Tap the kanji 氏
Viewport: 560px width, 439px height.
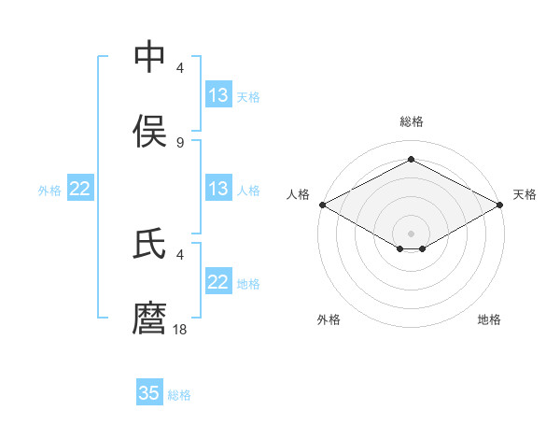[150, 245]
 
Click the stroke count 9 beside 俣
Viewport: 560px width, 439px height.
[180, 143]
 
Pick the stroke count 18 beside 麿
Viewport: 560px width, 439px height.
[180, 330]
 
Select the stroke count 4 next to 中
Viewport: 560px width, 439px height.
[180, 68]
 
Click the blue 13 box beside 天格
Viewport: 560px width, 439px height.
[217, 95]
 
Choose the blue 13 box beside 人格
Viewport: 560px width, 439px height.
[217, 189]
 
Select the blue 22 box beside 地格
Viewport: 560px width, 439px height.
[217, 282]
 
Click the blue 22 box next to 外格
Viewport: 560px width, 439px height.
[80, 189]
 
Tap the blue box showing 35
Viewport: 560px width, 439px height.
[149, 393]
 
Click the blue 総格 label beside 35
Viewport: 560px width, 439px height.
[179, 395]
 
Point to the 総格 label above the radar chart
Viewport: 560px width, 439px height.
[412, 121]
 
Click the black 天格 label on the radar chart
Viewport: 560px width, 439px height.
[525, 194]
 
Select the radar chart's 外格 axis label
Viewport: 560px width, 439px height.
[329, 319]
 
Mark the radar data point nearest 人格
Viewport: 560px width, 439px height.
[322, 205]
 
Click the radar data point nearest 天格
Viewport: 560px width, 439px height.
[501, 205]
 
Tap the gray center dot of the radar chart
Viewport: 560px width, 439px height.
[412, 233]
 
